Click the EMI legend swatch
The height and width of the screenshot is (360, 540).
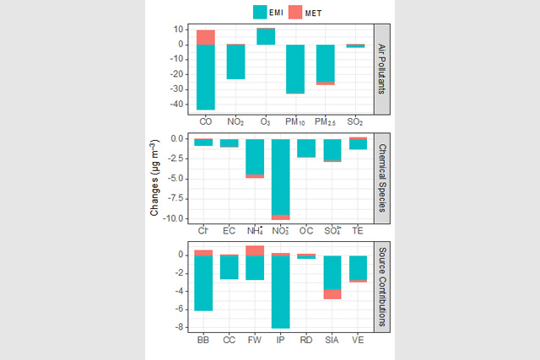260,12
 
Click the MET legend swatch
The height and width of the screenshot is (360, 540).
296,12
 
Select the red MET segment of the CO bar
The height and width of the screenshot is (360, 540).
206,37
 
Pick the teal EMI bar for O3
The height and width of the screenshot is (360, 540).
266,35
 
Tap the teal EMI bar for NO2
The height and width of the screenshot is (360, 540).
236,62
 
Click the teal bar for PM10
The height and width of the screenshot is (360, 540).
295,68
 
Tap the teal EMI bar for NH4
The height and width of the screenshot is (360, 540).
255,156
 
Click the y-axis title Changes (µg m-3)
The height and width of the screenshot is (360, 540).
155,180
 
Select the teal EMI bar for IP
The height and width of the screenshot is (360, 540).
280,292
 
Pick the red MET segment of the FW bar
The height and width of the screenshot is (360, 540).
255,250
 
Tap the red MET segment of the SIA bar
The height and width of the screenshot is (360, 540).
332,294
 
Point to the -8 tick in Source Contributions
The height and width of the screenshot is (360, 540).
181,328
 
